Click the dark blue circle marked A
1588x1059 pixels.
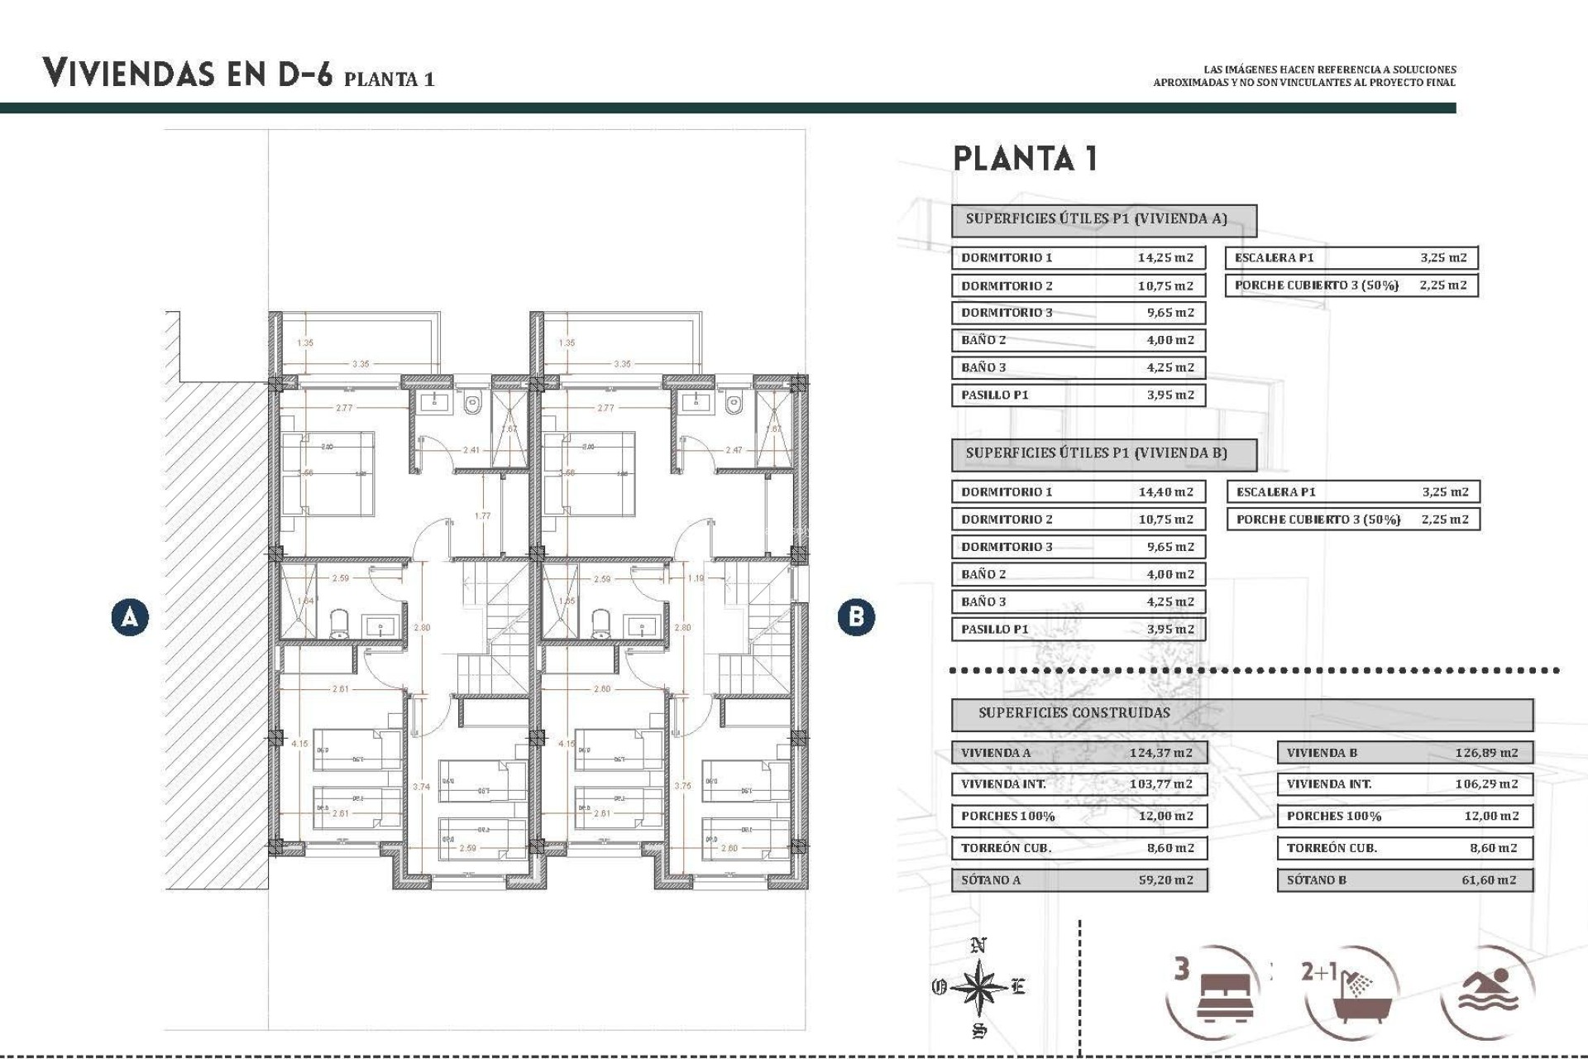click(130, 617)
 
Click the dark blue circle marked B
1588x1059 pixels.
click(855, 617)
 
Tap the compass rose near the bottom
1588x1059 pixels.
click(978, 987)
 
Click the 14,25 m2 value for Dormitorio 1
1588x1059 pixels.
click(1165, 257)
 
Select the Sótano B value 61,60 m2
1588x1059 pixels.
click(1488, 879)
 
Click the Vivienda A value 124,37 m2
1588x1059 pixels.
click(1160, 753)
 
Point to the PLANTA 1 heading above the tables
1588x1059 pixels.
click(1026, 158)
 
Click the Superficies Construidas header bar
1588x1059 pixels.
click(1241, 713)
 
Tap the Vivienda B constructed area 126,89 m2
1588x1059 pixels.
click(1486, 753)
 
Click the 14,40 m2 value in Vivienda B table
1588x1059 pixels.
click(1165, 491)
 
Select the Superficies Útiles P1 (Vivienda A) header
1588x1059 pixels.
click(1103, 219)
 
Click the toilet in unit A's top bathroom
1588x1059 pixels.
click(472, 405)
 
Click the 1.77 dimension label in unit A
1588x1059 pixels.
click(482, 515)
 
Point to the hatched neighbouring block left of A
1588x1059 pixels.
click(217, 629)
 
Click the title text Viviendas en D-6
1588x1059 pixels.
click(188, 74)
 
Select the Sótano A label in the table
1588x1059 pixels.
click(990, 879)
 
